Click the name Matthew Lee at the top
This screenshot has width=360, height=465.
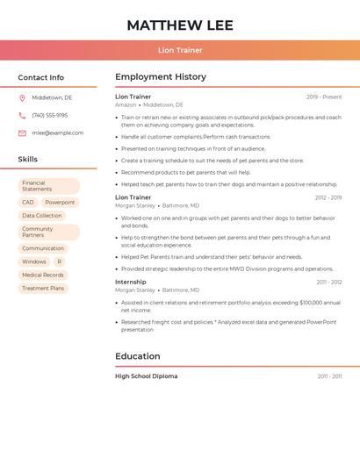[180, 25]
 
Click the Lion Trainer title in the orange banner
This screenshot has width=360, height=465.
[180, 50]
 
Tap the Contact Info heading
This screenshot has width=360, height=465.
[41, 77]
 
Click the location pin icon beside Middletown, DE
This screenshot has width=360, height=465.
[22, 97]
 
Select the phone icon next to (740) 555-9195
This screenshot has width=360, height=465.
[22, 115]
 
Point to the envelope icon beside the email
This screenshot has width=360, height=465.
[22, 132]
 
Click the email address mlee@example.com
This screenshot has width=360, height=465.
[58, 132]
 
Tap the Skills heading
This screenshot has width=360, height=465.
[28, 159]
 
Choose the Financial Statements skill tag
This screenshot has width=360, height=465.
[48, 186]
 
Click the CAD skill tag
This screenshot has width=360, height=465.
[28, 202]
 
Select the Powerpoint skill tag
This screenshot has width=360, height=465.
[61, 202]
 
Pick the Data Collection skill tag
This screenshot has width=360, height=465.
[42, 216]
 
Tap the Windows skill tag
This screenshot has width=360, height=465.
[34, 261]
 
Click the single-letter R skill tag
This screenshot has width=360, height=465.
[60, 261]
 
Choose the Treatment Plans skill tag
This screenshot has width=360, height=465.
[43, 288]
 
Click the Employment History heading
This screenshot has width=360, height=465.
[161, 77]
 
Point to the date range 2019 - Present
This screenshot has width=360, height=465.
[324, 97]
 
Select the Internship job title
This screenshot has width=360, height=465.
[131, 282]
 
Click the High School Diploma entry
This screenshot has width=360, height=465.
[146, 376]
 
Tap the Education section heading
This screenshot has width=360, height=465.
[138, 356]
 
